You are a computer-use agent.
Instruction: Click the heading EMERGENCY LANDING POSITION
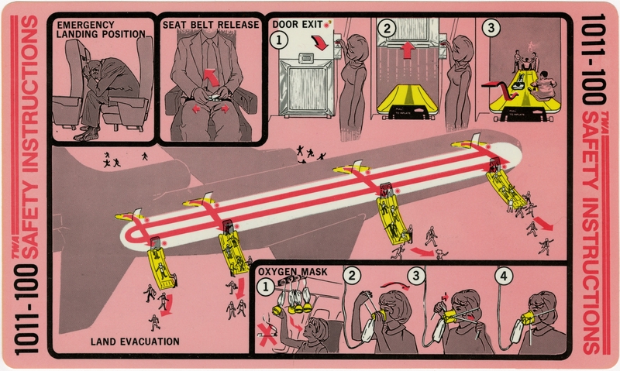pyautogui.click(x=101, y=29)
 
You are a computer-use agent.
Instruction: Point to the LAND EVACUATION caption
pyautogui.click(x=135, y=342)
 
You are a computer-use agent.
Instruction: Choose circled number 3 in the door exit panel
pyautogui.click(x=489, y=28)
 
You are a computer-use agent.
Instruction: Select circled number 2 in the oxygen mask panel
pyautogui.click(x=352, y=275)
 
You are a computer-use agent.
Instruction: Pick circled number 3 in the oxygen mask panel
pyautogui.click(x=417, y=275)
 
